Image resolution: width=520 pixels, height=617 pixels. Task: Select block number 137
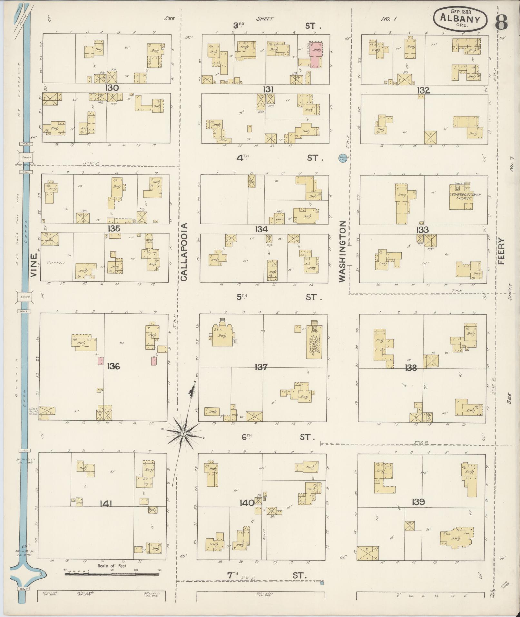[261, 367]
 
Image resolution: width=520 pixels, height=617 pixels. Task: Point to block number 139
[418, 502]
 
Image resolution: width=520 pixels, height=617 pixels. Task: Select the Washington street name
[342, 251]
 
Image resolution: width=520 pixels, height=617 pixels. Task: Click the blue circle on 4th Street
[342, 158]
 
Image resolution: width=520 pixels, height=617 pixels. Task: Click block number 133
[422, 230]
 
